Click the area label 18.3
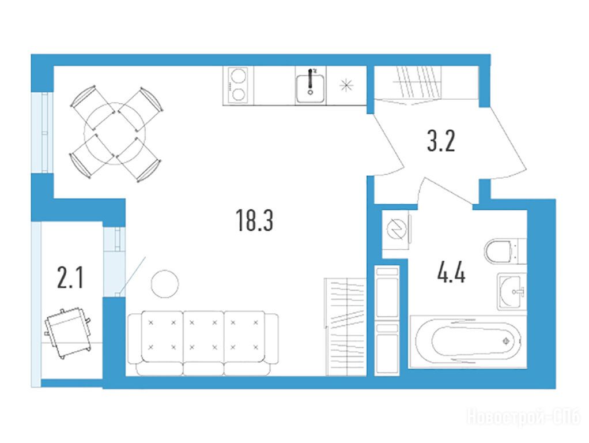[254, 220]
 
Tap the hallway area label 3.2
[441, 141]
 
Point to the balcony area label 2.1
[70, 277]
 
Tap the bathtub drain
[507, 341]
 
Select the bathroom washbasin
[512, 292]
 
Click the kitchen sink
[310, 88]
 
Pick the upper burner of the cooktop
[238, 76]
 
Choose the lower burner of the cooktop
[238, 94]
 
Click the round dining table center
[115, 133]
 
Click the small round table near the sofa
[165, 284]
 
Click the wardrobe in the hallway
[426, 82]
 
